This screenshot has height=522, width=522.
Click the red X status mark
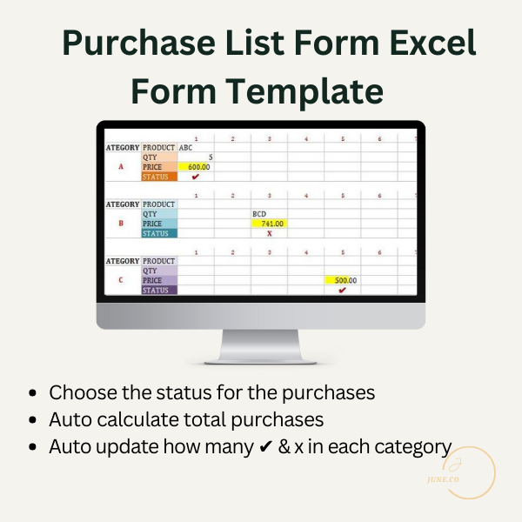pyautogui.click(x=269, y=233)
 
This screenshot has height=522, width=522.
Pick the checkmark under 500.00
pyautogui.click(x=342, y=290)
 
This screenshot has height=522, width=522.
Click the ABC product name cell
pyautogui.click(x=186, y=148)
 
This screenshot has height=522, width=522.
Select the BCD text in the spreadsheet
pyautogui.click(x=259, y=213)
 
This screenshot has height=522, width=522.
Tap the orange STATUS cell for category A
pyautogui.click(x=159, y=177)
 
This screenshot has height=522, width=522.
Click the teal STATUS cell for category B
pyautogui.click(x=159, y=233)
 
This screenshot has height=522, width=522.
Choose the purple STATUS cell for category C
pyautogui.click(x=159, y=290)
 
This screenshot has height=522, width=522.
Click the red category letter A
pyautogui.click(x=121, y=166)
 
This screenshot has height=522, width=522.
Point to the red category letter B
pyautogui.click(x=121, y=224)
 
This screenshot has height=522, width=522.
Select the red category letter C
pyautogui.click(x=121, y=280)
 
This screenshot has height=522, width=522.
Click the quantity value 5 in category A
pyautogui.click(x=210, y=157)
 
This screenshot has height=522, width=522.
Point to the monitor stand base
pyautogui.click(x=260, y=358)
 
